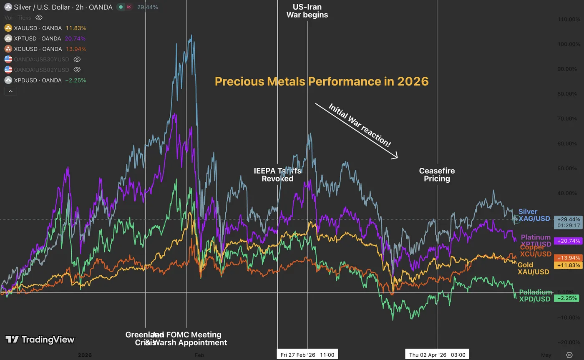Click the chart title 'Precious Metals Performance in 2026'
click(x=322, y=81)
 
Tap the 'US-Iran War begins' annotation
click(x=307, y=11)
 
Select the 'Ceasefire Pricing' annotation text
click(x=437, y=175)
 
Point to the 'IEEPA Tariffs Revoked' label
click(x=277, y=175)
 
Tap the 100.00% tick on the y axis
click(x=569, y=44)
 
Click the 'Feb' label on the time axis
click(x=199, y=355)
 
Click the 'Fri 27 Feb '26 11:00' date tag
click(x=307, y=355)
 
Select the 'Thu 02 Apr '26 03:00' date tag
click(x=437, y=355)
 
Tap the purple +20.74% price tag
click(x=568, y=241)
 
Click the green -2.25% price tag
click(x=567, y=298)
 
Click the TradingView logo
click(x=40, y=340)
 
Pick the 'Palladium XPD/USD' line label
click(x=535, y=295)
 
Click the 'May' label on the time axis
click(x=546, y=355)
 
